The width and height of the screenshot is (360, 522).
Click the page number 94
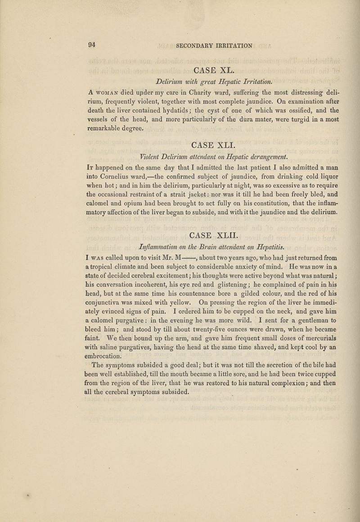(93, 45)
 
